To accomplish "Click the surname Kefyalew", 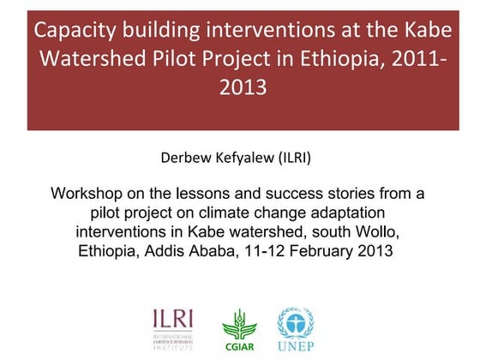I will tap(245, 158).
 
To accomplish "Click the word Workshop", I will tap(87, 194).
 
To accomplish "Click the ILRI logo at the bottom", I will tap(172, 327).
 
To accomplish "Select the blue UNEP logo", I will tap(295, 328).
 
